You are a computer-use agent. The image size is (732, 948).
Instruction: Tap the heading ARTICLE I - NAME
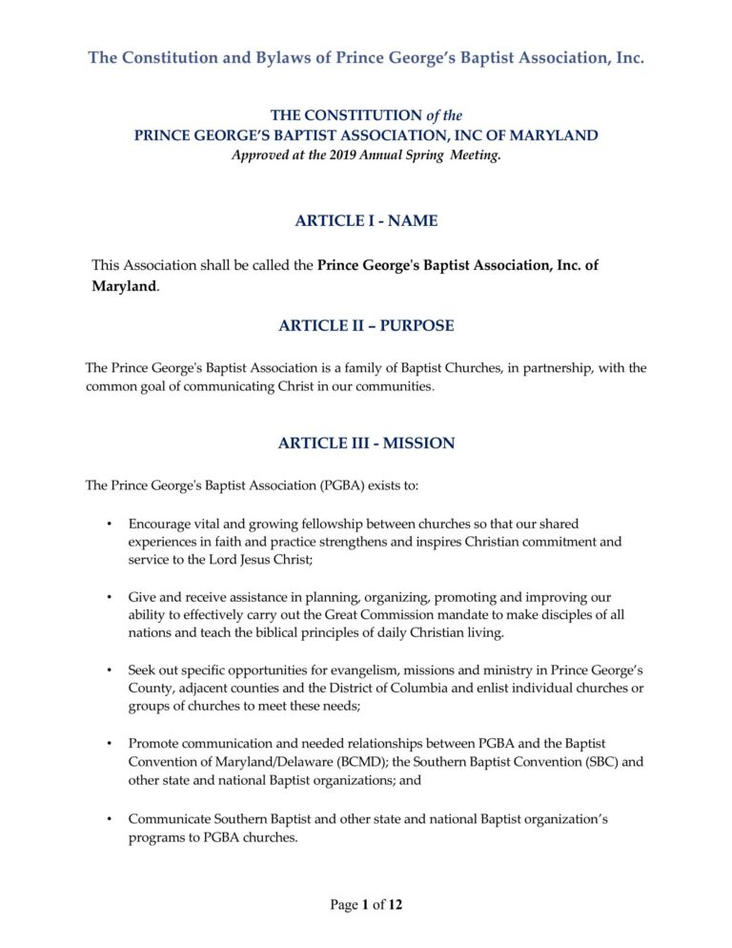click(366, 221)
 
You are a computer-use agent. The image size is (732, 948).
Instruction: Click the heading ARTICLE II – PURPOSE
click(366, 326)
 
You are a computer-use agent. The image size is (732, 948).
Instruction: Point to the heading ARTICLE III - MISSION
click(366, 443)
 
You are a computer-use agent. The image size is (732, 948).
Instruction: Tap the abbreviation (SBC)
click(583, 761)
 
